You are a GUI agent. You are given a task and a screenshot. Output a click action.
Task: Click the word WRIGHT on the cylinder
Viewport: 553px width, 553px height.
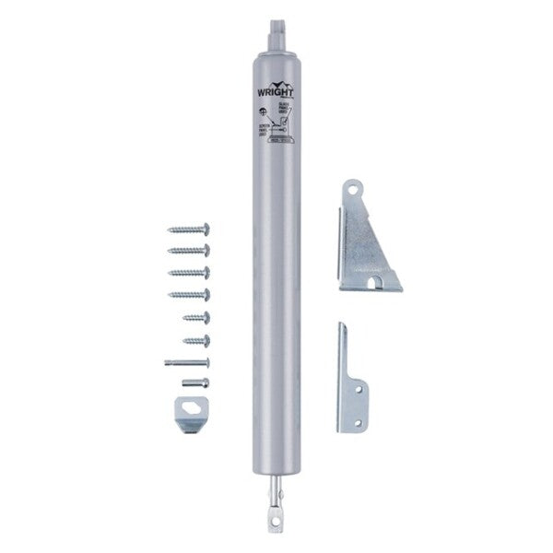coord(276,93)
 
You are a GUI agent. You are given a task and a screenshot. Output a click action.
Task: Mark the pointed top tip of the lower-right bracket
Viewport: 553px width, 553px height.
coord(339,324)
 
